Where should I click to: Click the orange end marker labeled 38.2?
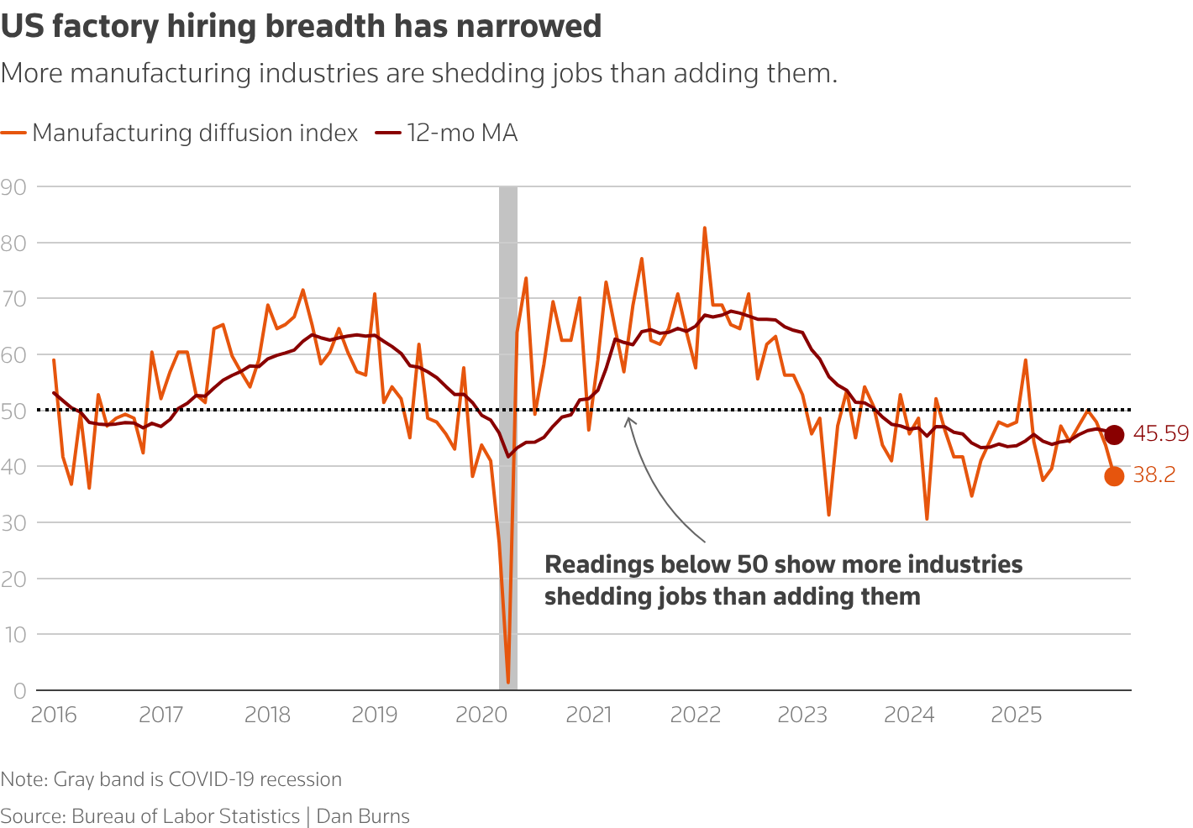coord(1114,476)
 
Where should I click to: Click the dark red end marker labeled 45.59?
coord(1114,434)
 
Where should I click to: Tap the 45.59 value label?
coord(1160,434)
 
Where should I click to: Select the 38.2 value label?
coord(1154,475)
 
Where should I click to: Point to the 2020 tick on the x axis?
coord(481,715)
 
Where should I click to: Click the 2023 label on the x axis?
coord(802,715)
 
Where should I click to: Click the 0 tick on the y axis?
coord(19,691)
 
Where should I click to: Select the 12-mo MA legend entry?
coord(461,134)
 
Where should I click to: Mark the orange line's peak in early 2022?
coord(704,228)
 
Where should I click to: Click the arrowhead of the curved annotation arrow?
coord(628,420)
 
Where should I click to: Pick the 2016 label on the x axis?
coord(54,715)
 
